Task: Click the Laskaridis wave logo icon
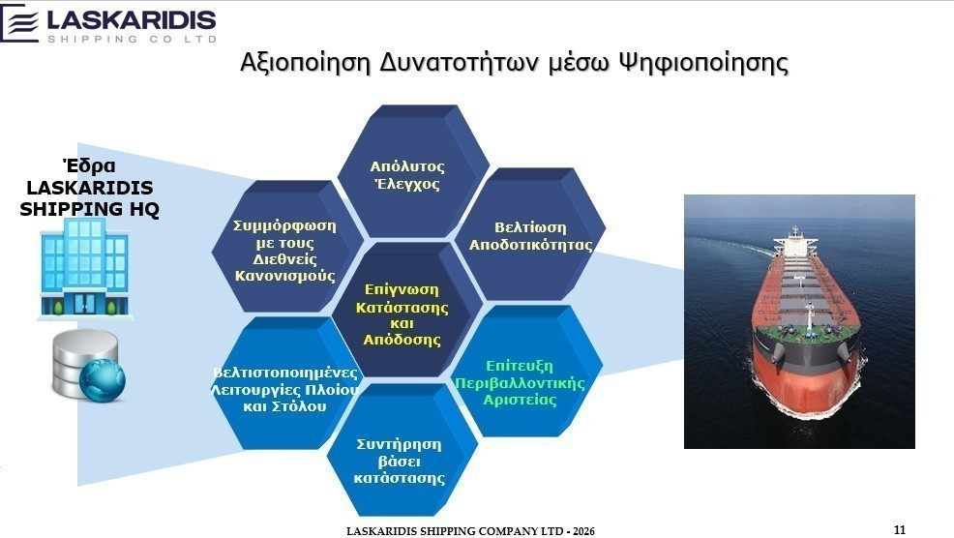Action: (x=21, y=23)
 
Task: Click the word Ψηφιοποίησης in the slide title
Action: (x=703, y=63)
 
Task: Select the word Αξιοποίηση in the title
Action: (x=306, y=63)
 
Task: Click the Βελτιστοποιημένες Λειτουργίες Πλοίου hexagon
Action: (x=284, y=385)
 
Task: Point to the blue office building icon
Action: (x=84, y=268)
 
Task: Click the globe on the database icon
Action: (x=103, y=380)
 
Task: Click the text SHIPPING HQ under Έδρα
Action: (x=89, y=209)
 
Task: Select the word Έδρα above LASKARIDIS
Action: (x=89, y=165)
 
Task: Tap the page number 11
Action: (x=899, y=529)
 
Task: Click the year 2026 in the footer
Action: (x=582, y=531)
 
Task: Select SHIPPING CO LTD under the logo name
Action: (x=132, y=39)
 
